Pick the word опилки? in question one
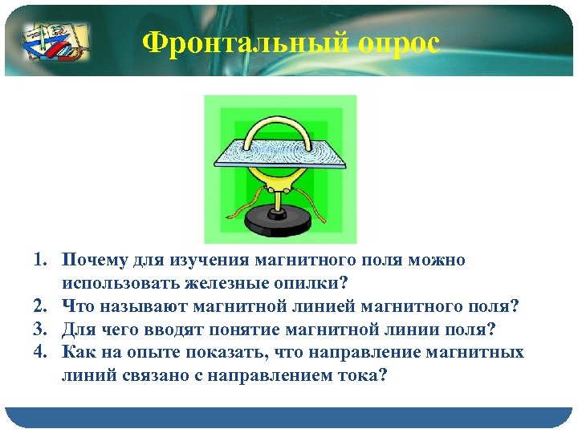click(x=306, y=283)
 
